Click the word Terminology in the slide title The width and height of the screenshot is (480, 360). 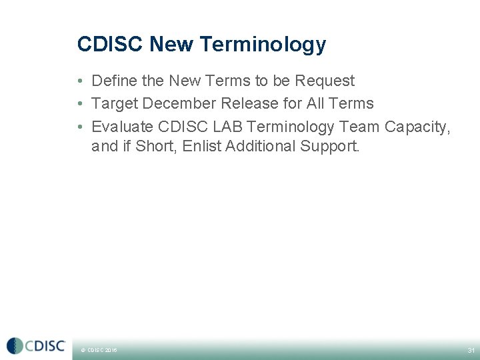(x=262, y=45)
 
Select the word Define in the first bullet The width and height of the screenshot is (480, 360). (x=114, y=81)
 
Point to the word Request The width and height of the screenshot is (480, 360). (x=325, y=81)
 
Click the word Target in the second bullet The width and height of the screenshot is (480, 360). (x=115, y=103)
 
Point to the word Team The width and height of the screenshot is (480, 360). (x=359, y=126)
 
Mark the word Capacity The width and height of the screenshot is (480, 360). (x=417, y=126)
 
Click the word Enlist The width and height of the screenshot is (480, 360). (x=202, y=146)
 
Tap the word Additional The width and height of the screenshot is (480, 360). (x=261, y=146)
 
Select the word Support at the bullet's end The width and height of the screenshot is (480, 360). (x=330, y=146)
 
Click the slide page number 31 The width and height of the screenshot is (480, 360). (x=471, y=350)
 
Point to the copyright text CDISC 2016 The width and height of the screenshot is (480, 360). (x=100, y=350)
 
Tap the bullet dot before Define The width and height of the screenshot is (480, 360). (x=79, y=81)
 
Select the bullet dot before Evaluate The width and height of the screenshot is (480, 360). (x=79, y=127)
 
